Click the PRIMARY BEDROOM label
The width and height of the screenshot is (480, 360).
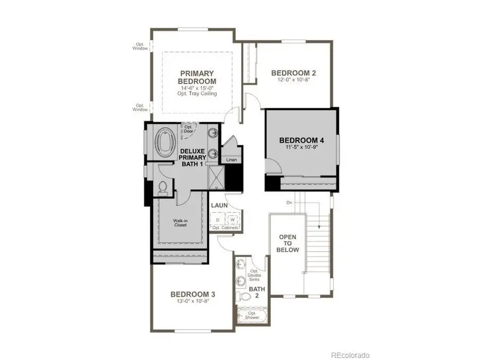pos(197,77)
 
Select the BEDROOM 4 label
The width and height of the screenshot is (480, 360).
pos(301,141)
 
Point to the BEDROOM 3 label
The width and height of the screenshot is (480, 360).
pos(193,294)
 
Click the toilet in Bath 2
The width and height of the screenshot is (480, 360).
pos(243,296)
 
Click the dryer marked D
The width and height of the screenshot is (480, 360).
pos(218,219)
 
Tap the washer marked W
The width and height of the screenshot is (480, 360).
pos(233,219)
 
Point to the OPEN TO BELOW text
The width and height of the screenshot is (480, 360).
pos(288,243)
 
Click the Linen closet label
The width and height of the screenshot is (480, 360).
pos(231,160)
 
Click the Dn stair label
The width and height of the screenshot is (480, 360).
pos(290,203)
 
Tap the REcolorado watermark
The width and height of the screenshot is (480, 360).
pos(350,355)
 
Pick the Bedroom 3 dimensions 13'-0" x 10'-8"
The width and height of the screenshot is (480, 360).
pos(193,301)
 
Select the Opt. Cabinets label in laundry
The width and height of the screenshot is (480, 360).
pos(225,228)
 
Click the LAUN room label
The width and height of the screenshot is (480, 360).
pos(219,205)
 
